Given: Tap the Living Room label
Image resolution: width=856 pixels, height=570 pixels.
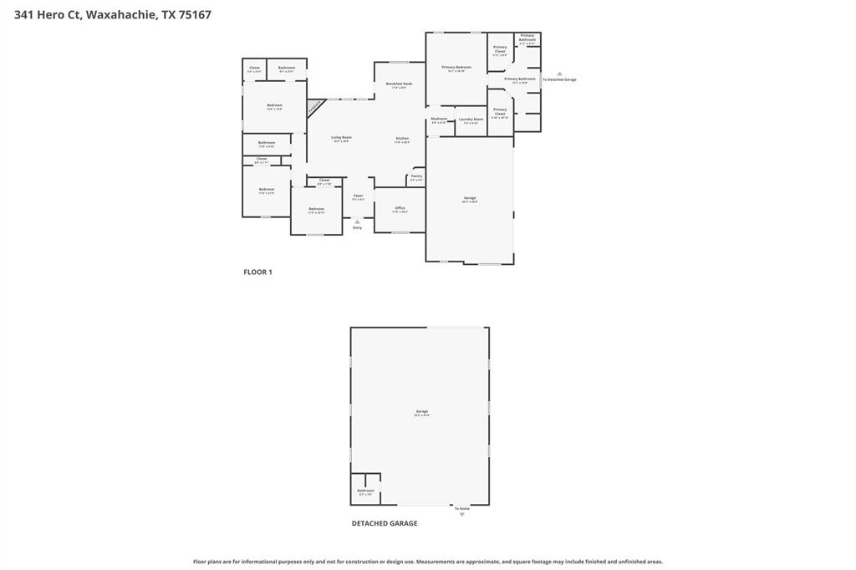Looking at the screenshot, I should coord(341,138).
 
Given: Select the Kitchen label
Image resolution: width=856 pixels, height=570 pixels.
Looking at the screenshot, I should coord(402,139).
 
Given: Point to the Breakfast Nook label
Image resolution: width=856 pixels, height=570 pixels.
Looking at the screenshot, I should coord(399,84).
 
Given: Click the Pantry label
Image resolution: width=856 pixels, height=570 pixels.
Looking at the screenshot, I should coord(416,177).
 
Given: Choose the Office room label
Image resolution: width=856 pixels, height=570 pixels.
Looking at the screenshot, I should coord(400,208).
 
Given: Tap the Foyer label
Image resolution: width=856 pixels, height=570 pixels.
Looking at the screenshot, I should coord(358,196).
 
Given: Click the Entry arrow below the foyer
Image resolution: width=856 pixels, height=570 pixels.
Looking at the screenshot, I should coord(358,222).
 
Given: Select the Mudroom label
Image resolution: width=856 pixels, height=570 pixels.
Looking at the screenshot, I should coord(439,119).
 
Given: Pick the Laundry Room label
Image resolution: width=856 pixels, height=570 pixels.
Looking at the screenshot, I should coord(471,120).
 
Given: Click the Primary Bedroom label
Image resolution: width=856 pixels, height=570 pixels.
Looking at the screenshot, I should coord(456,68).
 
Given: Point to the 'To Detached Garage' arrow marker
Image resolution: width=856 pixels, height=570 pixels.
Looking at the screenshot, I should coord(559,74).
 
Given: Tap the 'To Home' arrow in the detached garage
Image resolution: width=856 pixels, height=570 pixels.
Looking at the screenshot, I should coord(461,514).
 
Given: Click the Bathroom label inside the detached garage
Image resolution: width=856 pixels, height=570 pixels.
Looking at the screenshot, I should coord(365,491).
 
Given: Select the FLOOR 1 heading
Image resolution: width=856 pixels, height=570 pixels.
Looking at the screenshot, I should coord(257,272).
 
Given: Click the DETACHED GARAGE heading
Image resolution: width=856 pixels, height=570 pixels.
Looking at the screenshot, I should coord(384,524).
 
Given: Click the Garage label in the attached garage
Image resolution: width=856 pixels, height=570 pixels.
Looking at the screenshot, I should coord(470,199).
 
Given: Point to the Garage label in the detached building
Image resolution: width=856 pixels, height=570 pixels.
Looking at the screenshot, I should coord(422,411).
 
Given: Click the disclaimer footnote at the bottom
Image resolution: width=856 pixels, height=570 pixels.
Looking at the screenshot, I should coord(428,562).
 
